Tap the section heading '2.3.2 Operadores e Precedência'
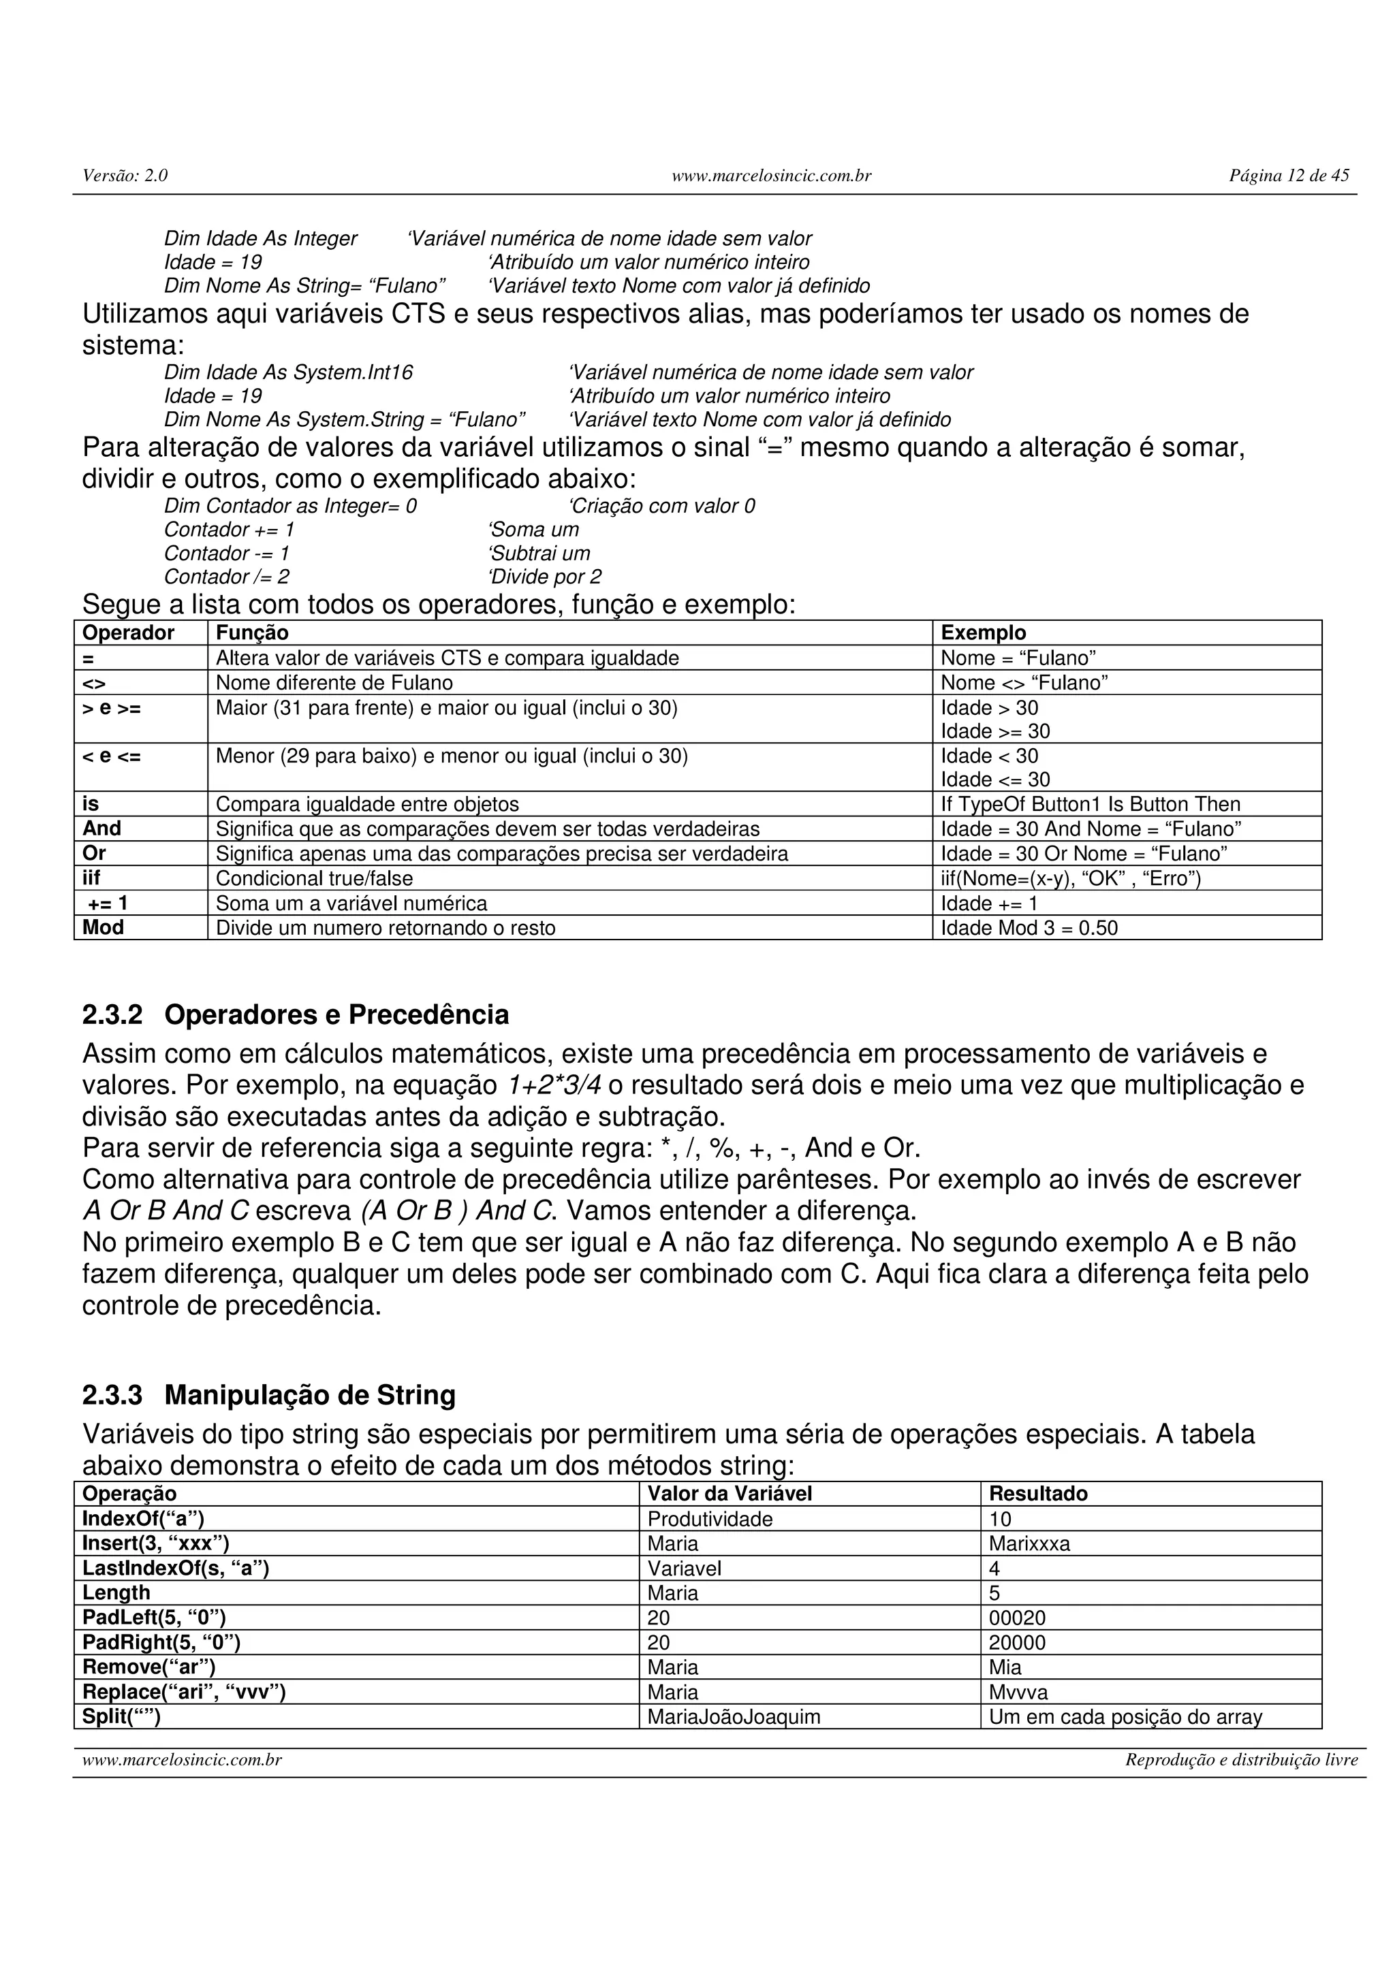pyautogui.click(x=295, y=1015)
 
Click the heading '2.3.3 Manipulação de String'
pyautogui.click(x=268, y=1395)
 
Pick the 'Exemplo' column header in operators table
pyautogui.click(x=984, y=632)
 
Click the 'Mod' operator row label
pyautogui.click(x=103, y=927)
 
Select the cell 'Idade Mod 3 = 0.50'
pyautogui.click(x=1029, y=928)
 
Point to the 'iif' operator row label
pyautogui.click(x=91, y=878)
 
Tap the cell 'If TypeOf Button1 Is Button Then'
pyautogui.click(x=1090, y=804)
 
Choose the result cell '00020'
pyautogui.click(x=1017, y=1618)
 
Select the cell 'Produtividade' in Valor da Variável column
pyautogui.click(x=710, y=1520)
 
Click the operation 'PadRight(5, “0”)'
pyautogui.click(x=161, y=1642)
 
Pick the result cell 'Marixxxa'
pyautogui.click(x=1029, y=1544)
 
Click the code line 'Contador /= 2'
pyautogui.click(x=227, y=577)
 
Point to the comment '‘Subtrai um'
pyautogui.click(x=538, y=554)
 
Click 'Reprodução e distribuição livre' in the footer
pyautogui.click(x=1241, y=1761)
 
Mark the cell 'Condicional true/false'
pyautogui.click(x=314, y=878)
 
